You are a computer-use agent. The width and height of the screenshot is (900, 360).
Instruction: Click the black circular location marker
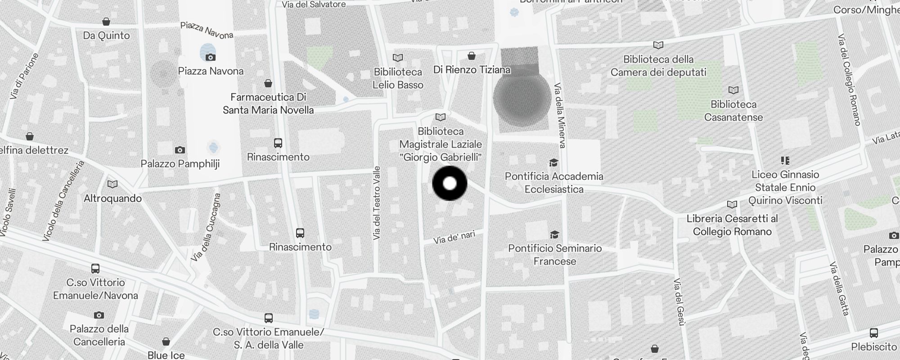click(x=450, y=184)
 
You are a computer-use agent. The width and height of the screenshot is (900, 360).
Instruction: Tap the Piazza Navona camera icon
click(x=210, y=57)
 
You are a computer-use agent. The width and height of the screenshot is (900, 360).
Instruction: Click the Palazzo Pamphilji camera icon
click(x=180, y=150)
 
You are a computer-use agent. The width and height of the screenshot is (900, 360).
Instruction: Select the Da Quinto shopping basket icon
click(x=106, y=22)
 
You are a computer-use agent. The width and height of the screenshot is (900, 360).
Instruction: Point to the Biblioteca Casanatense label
click(x=733, y=111)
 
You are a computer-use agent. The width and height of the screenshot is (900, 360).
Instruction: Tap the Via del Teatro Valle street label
click(x=377, y=202)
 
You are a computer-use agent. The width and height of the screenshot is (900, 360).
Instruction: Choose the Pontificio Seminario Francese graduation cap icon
click(x=554, y=234)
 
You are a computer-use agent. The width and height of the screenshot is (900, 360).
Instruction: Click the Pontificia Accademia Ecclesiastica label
click(x=554, y=183)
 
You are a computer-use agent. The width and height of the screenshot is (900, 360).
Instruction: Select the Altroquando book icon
click(x=112, y=184)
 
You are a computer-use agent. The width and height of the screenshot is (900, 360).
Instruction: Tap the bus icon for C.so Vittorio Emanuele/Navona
click(x=95, y=269)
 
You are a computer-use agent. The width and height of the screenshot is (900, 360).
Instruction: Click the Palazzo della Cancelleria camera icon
click(x=99, y=315)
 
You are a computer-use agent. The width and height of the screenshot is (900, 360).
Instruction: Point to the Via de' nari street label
click(x=454, y=237)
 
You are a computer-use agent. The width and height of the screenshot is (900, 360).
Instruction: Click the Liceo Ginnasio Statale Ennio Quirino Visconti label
click(x=785, y=187)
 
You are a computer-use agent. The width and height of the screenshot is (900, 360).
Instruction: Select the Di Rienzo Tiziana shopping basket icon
click(x=472, y=56)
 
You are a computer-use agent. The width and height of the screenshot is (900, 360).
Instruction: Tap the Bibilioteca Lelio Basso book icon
click(x=398, y=58)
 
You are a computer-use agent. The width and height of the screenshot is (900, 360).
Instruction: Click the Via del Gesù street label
click(x=679, y=301)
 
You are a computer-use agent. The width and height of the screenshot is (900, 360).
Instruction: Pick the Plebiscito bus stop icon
click(x=874, y=333)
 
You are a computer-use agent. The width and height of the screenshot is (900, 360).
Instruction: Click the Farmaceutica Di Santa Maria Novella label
click(x=268, y=103)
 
